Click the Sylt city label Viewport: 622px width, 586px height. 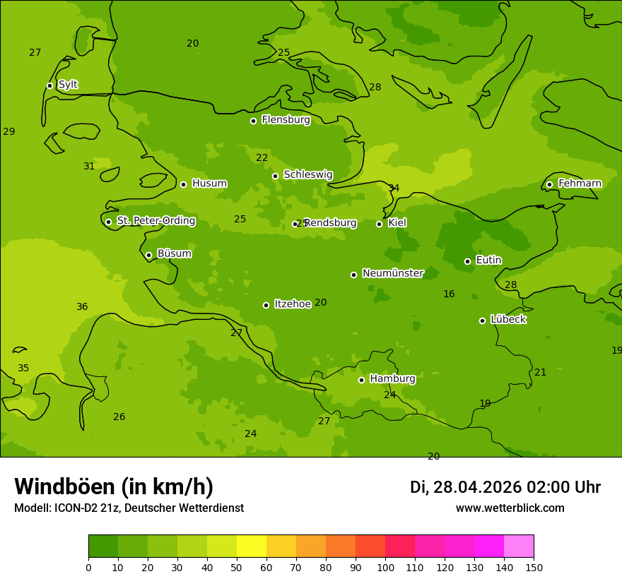tap(68, 85)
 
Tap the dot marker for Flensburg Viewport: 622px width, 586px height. tap(253, 121)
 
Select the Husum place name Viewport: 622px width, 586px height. tap(209, 184)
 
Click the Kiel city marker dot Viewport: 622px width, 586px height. tap(379, 224)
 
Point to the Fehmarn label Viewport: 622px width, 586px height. tap(580, 184)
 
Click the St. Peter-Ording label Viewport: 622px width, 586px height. tap(155, 221)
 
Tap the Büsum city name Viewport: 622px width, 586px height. tap(174, 253)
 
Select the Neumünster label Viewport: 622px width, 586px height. tap(392, 273)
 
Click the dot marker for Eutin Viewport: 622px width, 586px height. tap(467, 261)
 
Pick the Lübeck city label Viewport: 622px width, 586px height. tap(507, 319)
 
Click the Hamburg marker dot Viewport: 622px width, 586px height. tap(361, 380)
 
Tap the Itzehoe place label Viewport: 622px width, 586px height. tap(293, 304)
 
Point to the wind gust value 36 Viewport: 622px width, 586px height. tap(82, 306)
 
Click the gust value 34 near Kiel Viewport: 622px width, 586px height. tap(394, 188)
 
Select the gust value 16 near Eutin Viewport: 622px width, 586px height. tap(449, 294)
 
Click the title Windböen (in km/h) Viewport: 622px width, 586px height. tap(114, 486)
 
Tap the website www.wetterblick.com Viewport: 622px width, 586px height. tap(510, 508)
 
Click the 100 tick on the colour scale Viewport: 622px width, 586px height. tap(385, 567)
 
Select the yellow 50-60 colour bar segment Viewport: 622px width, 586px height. tap(252, 546)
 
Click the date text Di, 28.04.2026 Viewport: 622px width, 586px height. tap(466, 487)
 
